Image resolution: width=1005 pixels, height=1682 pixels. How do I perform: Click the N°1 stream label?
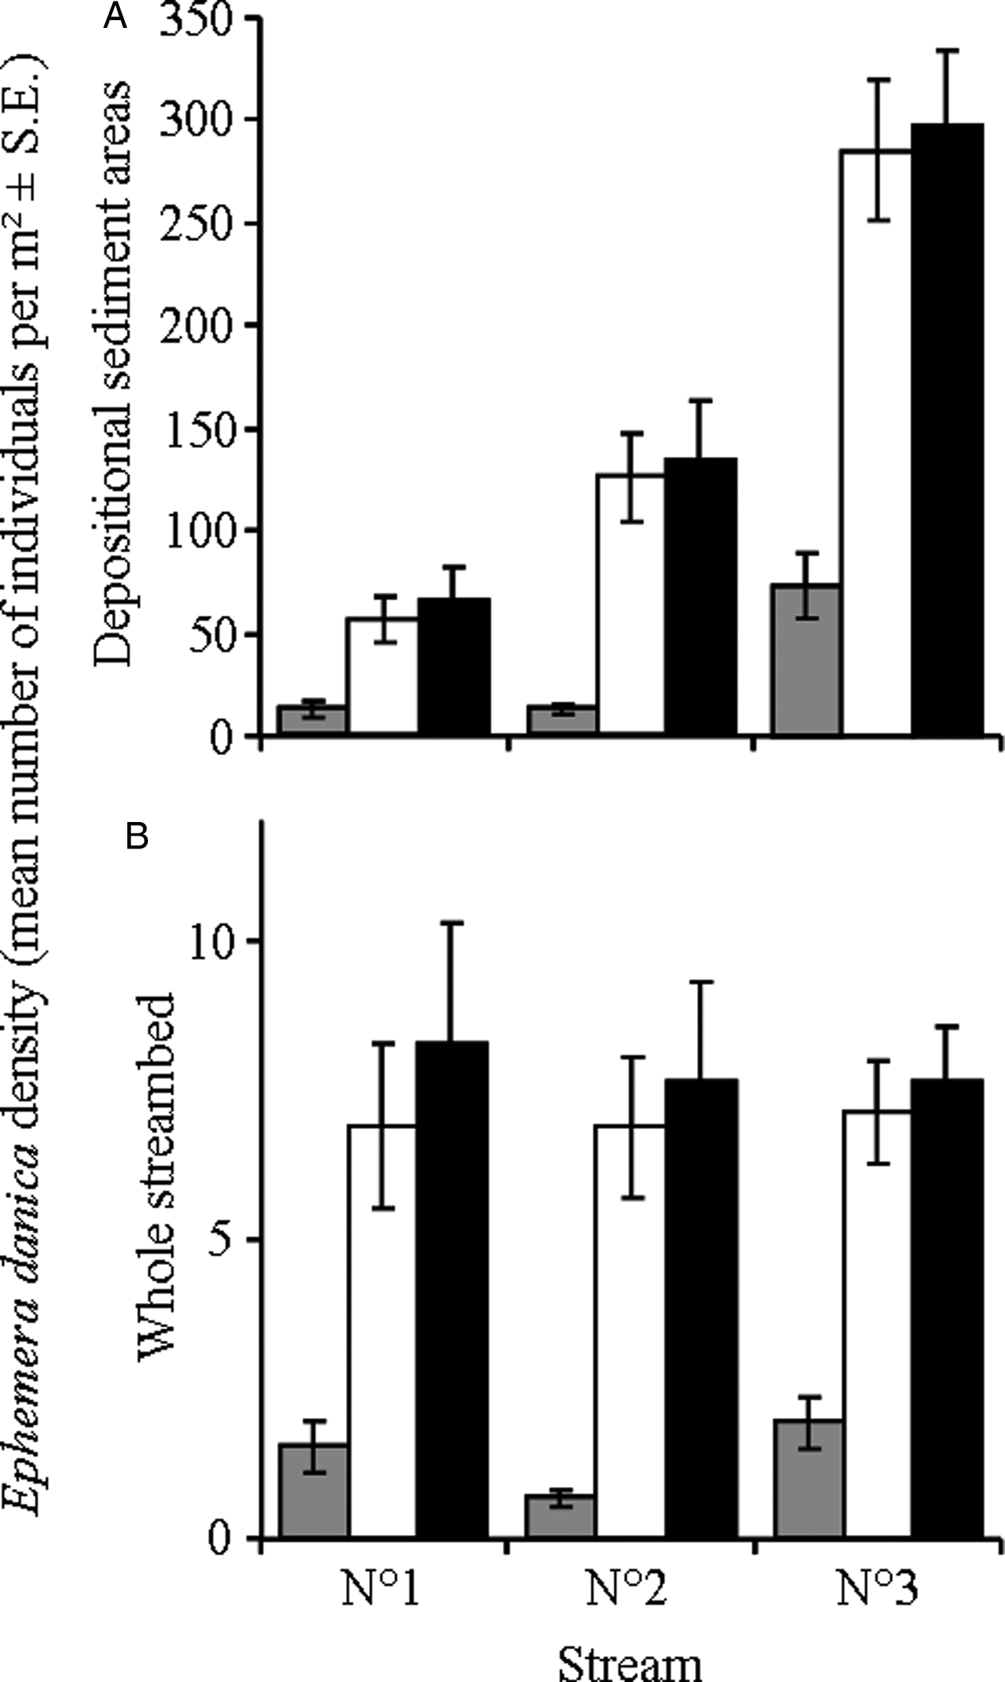(380, 1591)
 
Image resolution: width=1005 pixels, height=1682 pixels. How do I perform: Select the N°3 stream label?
(877, 1591)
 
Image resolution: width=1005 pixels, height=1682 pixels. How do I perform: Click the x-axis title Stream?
(630, 1661)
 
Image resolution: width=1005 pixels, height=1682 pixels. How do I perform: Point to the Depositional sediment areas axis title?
(113, 373)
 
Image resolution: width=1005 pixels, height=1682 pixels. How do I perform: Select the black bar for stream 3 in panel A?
(947, 431)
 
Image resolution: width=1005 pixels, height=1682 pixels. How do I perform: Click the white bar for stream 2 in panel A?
(630, 603)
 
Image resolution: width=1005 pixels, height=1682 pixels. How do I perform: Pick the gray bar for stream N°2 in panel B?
(559, 1516)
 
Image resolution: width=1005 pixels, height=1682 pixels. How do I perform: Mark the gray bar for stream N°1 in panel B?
(313, 1490)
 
